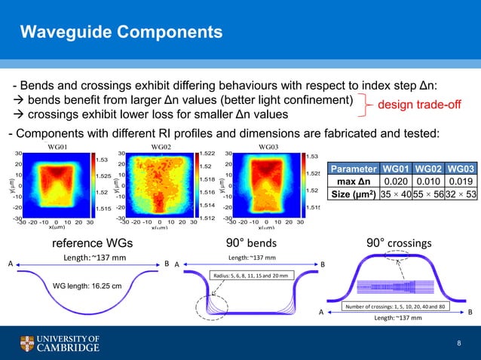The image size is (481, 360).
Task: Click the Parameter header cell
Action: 353,167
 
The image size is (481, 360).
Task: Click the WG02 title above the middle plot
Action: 161,147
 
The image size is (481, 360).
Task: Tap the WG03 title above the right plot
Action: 268,147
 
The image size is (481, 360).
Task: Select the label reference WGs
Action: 91,244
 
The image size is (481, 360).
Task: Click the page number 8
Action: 458,343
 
